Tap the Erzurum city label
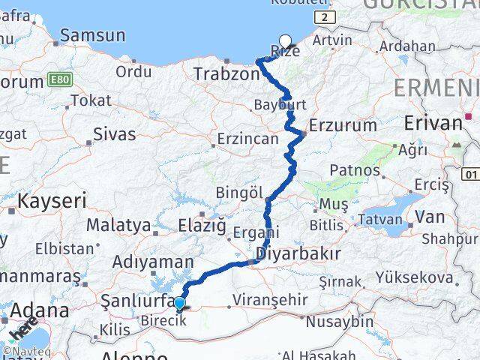click(x=342, y=125)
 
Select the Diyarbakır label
click(x=298, y=253)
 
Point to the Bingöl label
click(x=237, y=193)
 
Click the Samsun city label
click(x=92, y=35)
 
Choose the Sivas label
click(x=115, y=135)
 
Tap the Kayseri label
click(x=52, y=201)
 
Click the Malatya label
click(x=118, y=224)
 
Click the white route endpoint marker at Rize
click(x=286, y=42)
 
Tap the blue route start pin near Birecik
click(x=180, y=304)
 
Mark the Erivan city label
click(x=433, y=123)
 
